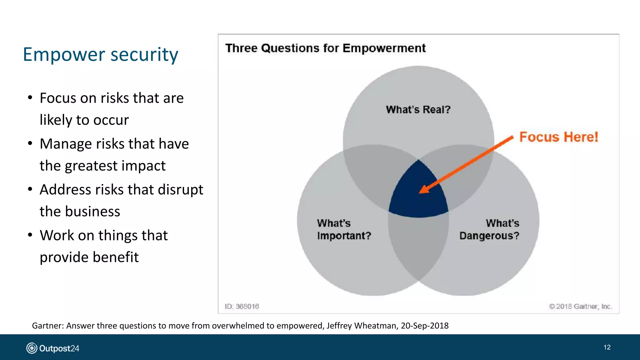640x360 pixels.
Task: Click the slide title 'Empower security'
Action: [101, 54]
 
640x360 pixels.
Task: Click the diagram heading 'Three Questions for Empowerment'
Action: [325, 48]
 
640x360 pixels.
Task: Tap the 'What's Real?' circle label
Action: [418, 110]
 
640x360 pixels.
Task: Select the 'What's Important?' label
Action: [344, 229]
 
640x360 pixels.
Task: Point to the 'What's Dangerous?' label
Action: [489, 229]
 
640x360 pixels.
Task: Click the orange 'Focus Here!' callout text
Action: [558, 137]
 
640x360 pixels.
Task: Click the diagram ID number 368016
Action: [247, 307]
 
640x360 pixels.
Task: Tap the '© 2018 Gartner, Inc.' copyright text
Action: [581, 307]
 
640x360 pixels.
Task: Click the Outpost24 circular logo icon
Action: [32, 348]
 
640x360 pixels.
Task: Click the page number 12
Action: [607, 347]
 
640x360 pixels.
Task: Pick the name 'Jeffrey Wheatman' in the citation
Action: [362, 326]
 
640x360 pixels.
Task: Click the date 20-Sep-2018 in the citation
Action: [425, 326]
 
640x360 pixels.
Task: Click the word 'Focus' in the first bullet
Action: [58, 98]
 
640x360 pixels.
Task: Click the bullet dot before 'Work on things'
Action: [30, 235]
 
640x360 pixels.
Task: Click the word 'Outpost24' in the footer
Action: [59, 348]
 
